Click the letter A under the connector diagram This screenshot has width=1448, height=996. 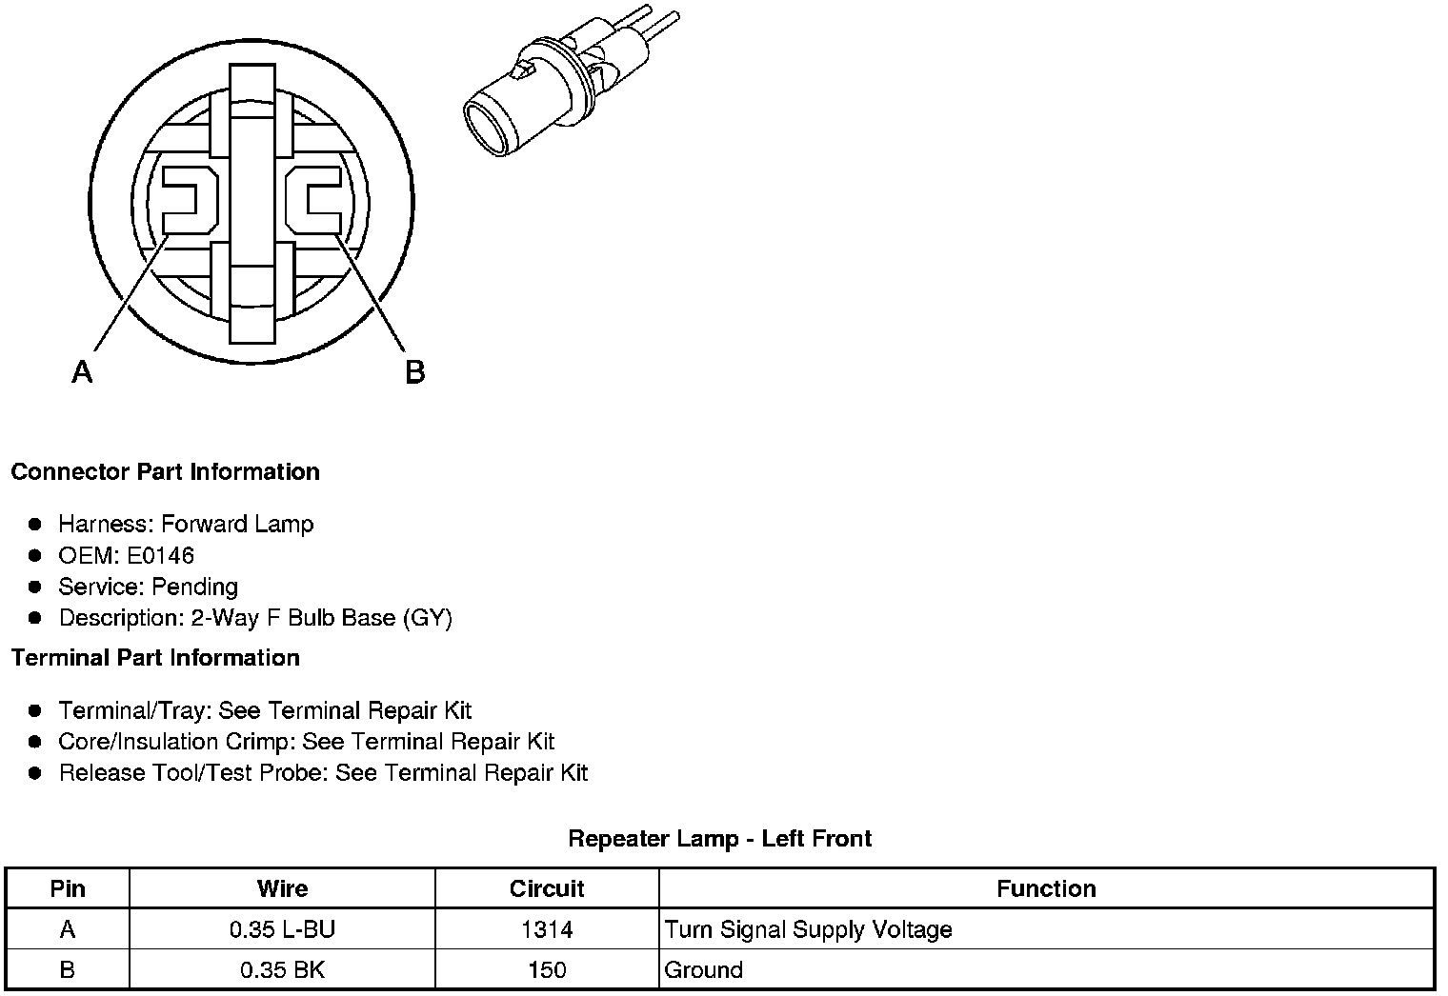pyautogui.click(x=82, y=371)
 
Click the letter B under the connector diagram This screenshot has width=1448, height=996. pyautogui.click(x=415, y=372)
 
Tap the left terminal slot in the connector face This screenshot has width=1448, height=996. pyautogui.click(x=190, y=199)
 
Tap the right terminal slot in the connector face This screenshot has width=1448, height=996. pyautogui.click(x=313, y=199)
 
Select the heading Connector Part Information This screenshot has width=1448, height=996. pyautogui.click(x=166, y=472)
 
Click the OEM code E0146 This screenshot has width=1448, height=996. pyautogui.click(x=160, y=555)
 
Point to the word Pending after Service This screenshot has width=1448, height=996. pyautogui.click(x=194, y=587)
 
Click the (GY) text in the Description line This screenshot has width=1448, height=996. pyautogui.click(x=428, y=618)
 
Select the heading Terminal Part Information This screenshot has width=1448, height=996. pyautogui.click(x=156, y=658)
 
